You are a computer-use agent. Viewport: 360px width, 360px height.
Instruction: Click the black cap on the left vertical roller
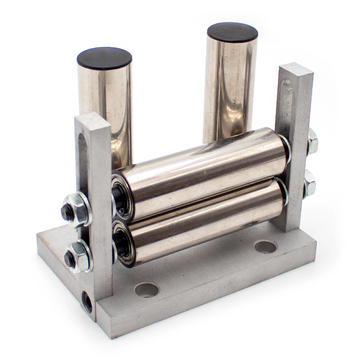coord(104,58)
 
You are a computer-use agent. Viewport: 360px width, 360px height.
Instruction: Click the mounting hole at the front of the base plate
coord(147,289)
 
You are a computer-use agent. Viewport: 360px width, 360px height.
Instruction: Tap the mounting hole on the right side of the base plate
coord(265,247)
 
